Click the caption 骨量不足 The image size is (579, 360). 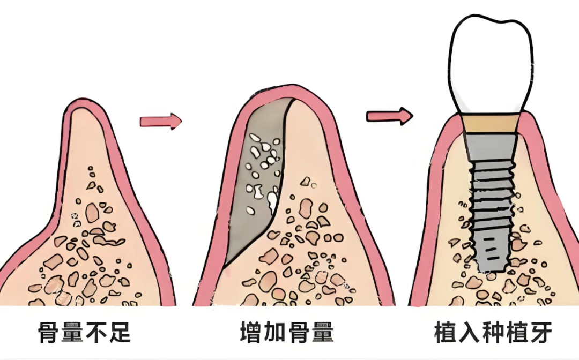tap(85, 333)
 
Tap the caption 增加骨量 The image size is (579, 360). tap(287, 333)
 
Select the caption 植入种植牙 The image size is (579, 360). tap(494, 333)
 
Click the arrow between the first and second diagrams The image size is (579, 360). tap(161, 121)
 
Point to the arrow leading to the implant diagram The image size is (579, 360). tap(389, 116)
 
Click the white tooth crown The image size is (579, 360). tap(491, 63)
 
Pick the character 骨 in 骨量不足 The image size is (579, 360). tap(49, 333)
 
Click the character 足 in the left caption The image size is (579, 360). tap(120, 333)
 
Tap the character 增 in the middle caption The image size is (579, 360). tap(251, 333)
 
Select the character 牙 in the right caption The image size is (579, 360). tap(541, 333)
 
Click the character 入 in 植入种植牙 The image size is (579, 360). tap(469, 333)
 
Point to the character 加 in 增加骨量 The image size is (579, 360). tap(275, 333)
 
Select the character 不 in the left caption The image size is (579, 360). tap(96, 333)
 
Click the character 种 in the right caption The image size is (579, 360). tap(494, 333)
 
